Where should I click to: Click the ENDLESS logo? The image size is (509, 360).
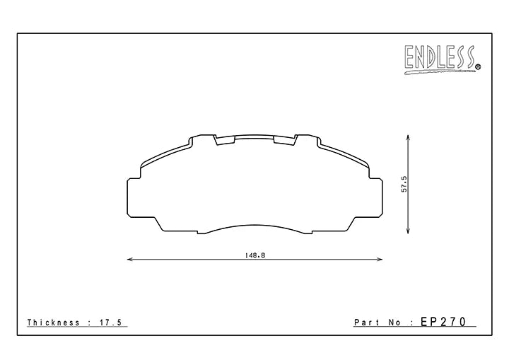443,59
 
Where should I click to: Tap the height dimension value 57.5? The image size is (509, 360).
404,184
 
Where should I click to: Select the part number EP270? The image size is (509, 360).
443,322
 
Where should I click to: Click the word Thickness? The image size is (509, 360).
54,323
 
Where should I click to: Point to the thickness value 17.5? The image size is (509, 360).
110,323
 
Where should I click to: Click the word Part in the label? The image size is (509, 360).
367,323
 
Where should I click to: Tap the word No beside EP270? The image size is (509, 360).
394,323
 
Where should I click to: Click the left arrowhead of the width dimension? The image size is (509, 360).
130,260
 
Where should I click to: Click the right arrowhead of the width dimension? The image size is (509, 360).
379,260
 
